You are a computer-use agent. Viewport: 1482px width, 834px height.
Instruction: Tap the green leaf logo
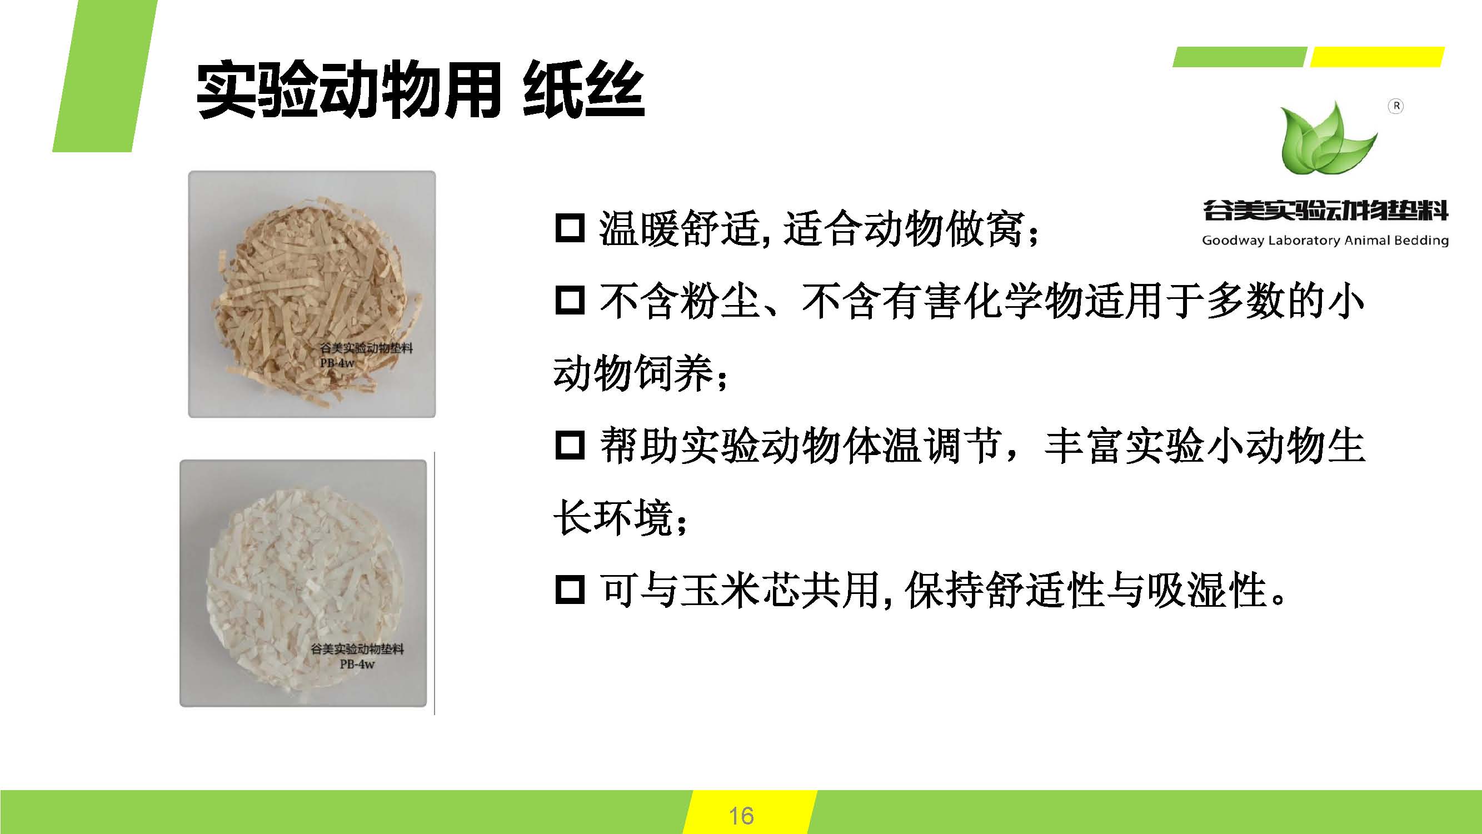1329,137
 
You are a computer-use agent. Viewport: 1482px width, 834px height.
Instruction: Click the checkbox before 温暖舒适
570,228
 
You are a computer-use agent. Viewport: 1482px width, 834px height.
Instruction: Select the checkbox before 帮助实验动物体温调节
570,445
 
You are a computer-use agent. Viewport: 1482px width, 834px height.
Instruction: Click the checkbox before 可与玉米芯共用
570,590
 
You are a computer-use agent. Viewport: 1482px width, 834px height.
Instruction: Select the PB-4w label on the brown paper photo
337,363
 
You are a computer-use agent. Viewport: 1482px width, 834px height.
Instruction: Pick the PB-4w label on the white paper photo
357,664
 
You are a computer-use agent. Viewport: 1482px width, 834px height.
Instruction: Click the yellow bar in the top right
1378,57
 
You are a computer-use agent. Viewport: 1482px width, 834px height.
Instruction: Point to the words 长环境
613,518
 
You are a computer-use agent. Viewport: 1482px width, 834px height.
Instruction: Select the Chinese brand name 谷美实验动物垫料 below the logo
1325,211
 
